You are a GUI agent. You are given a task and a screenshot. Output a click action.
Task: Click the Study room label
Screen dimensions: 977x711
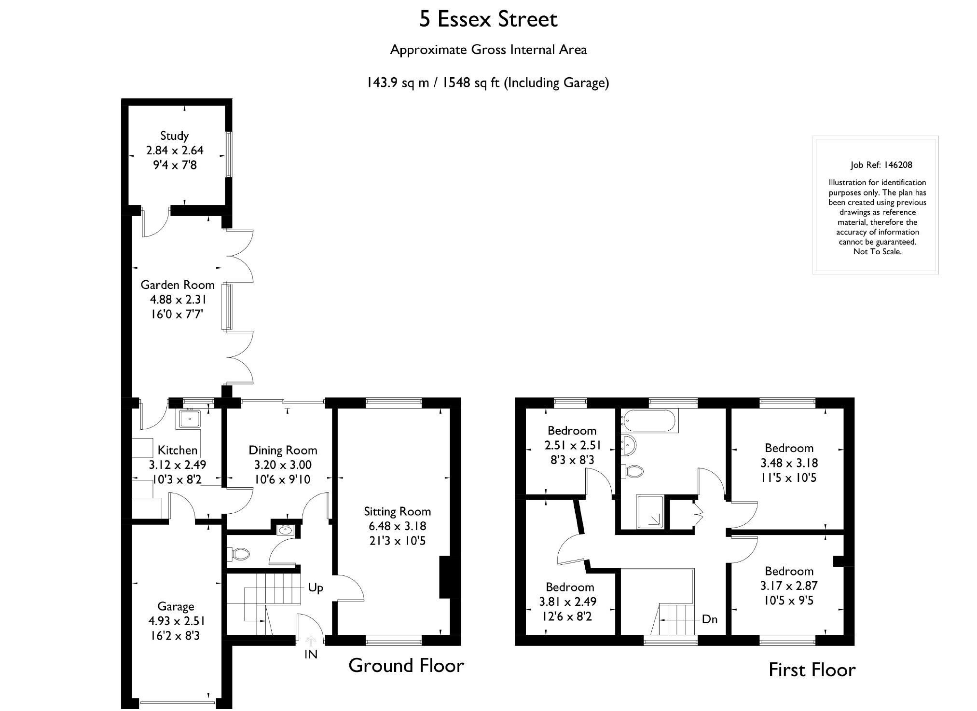[x=174, y=136]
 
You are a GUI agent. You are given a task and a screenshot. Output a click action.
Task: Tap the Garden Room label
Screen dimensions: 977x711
[x=178, y=285]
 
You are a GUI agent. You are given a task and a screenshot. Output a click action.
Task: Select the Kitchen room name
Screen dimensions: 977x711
[x=178, y=451]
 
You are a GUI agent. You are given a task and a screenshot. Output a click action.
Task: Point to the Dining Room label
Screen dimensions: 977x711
[x=283, y=451]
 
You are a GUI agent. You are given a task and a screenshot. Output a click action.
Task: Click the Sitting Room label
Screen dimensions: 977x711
[x=397, y=512]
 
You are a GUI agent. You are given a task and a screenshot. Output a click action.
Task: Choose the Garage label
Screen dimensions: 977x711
[x=176, y=607]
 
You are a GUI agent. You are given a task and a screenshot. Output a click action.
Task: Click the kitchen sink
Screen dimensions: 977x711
[x=191, y=419]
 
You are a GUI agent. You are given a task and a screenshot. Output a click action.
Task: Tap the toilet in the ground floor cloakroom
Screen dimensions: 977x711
[x=238, y=554]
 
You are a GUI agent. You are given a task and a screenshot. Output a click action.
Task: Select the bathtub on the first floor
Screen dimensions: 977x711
[x=649, y=422]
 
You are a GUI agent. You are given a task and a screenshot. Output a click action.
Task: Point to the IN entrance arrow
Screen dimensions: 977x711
[x=311, y=641]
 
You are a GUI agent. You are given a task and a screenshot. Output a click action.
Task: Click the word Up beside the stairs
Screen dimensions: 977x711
[x=316, y=588]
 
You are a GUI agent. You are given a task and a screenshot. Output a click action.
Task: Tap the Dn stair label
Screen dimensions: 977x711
[x=710, y=619]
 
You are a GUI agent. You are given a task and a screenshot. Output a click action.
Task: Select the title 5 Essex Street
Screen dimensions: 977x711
[x=488, y=19]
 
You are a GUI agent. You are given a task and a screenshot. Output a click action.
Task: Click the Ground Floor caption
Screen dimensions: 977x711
[x=406, y=666]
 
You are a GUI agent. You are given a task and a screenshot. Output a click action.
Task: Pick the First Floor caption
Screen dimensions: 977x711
[x=812, y=670]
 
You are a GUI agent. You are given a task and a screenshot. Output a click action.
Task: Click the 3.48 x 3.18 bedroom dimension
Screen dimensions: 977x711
[x=789, y=463]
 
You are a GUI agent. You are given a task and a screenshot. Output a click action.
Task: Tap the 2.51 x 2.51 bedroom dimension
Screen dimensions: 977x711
[x=573, y=445]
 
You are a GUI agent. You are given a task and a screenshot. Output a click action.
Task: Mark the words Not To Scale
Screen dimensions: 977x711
[x=877, y=252]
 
